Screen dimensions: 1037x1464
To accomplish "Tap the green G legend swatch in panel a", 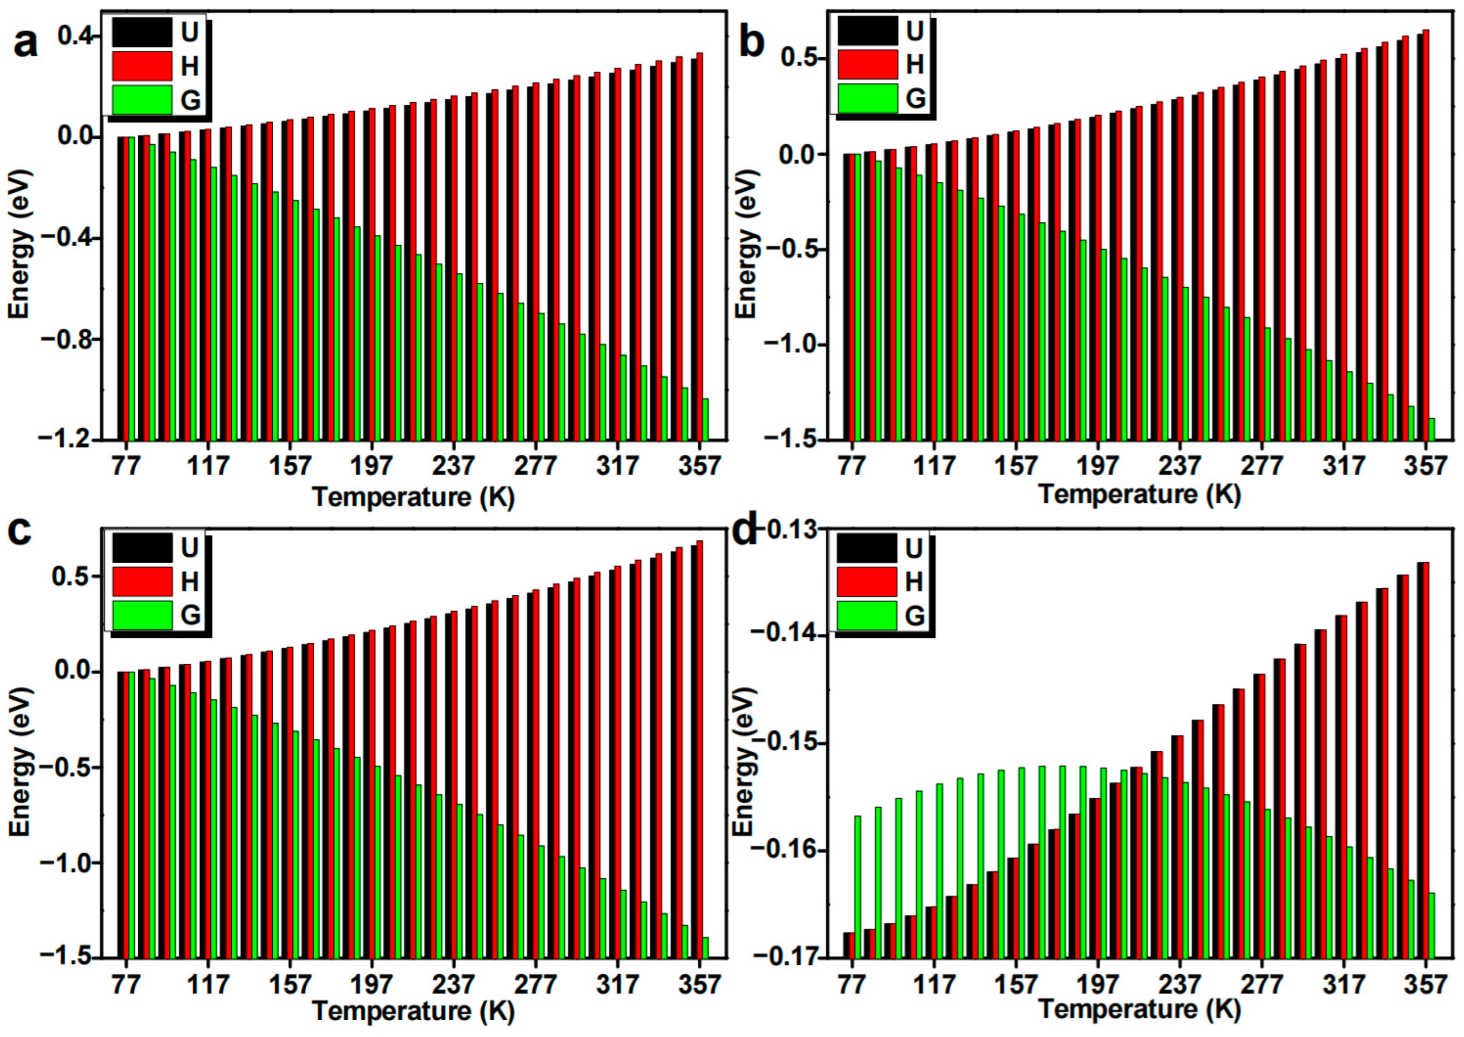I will (x=142, y=100).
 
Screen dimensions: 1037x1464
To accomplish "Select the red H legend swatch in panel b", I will (x=867, y=65).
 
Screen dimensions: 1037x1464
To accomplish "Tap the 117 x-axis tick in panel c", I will (x=208, y=984).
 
